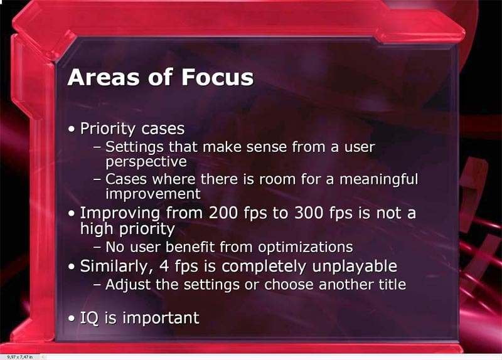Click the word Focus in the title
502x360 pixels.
point(217,77)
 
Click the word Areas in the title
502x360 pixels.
point(104,77)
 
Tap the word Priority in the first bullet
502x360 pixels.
point(108,129)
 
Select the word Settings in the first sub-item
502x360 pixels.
point(134,147)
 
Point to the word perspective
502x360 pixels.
point(146,162)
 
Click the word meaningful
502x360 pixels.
point(379,180)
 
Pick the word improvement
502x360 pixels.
point(153,194)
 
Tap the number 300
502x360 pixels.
point(309,213)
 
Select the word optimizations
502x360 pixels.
point(306,247)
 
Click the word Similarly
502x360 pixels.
point(117,267)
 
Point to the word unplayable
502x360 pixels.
point(355,267)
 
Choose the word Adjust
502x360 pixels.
point(128,285)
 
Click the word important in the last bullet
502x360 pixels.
point(161,318)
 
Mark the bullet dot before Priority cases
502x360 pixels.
point(72,130)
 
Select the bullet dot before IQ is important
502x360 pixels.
point(72,319)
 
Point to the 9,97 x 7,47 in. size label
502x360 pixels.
point(20,357)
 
